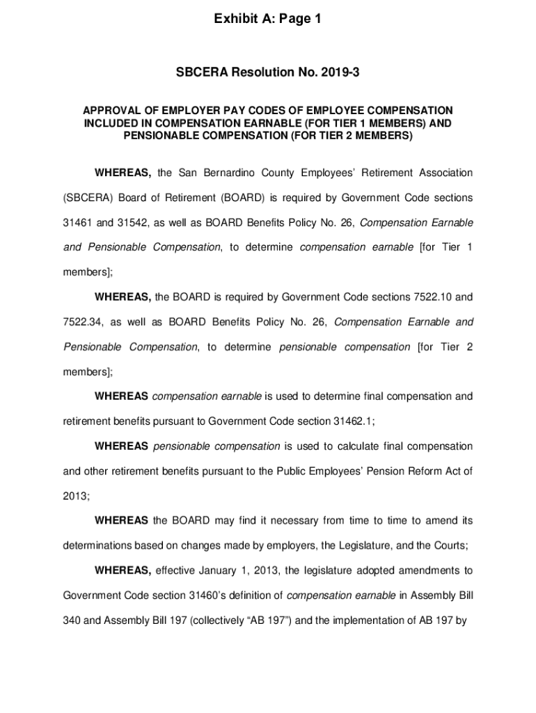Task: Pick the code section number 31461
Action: pyautogui.click(x=77, y=223)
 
